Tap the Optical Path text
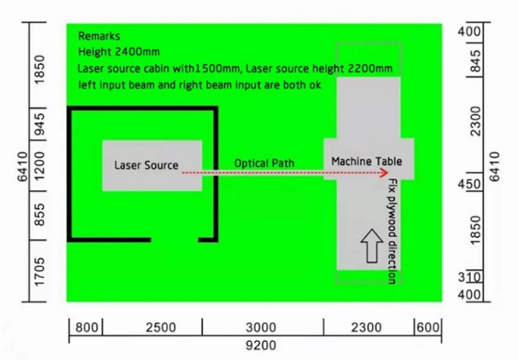264,163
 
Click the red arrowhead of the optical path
385,172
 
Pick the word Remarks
99,37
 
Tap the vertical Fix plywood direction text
391,231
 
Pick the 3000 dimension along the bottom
261,327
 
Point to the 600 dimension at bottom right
428,327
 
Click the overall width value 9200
261,346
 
